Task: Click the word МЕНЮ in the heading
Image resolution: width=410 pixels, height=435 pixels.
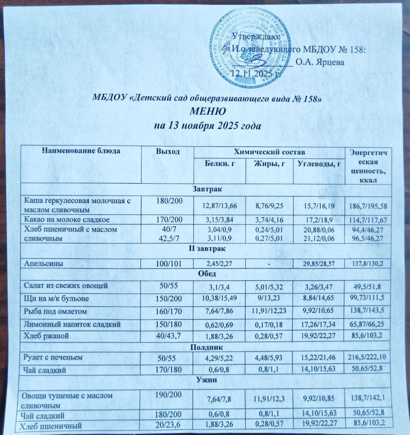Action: click(x=207, y=112)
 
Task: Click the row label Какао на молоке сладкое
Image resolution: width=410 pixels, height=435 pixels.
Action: click(x=67, y=220)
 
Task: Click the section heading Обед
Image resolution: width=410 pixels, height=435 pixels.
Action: click(x=207, y=274)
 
